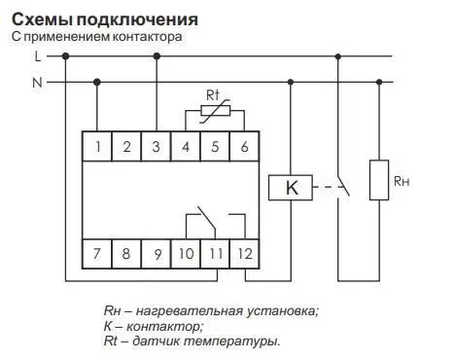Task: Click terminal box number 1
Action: point(97,146)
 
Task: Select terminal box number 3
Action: point(156,146)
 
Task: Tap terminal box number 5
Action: point(215,146)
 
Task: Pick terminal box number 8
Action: point(126,254)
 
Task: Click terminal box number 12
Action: point(244,254)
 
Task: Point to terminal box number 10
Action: point(186,254)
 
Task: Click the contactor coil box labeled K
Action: point(291,188)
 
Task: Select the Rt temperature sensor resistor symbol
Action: point(216,111)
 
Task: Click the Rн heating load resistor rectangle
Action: point(379,180)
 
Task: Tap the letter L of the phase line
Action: point(38,56)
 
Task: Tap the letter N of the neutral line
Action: point(37,83)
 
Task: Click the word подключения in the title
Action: point(137,20)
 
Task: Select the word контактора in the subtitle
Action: point(147,37)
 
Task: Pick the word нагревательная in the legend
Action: point(190,311)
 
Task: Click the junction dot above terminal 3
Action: point(157,56)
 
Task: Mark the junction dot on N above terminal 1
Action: point(97,82)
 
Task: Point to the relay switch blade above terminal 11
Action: point(207,218)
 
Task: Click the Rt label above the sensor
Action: point(213,95)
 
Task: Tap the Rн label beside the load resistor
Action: point(402,181)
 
